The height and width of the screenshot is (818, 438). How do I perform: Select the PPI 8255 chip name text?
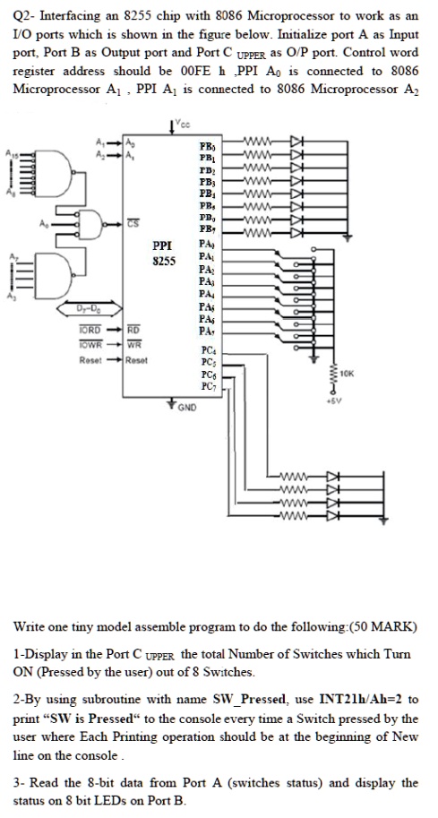[162, 250]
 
